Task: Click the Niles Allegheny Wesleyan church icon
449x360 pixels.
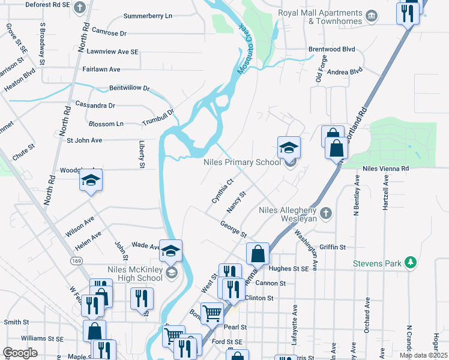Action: (325, 213)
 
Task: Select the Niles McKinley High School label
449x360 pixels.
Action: (134, 273)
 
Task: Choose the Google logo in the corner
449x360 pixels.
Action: (20, 352)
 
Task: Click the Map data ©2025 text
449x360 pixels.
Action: (423, 355)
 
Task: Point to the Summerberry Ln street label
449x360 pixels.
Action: (147, 15)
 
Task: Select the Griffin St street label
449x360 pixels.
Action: (333, 247)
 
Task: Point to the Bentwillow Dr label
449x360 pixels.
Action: (129, 88)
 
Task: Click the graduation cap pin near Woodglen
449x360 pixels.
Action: (91, 181)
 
